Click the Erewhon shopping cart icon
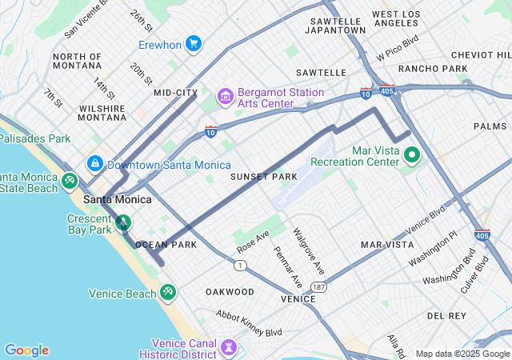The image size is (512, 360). [x=193, y=43]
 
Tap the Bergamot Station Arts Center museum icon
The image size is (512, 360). [x=225, y=98]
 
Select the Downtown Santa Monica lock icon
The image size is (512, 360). [x=95, y=163]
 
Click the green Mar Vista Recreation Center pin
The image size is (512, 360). [x=413, y=155]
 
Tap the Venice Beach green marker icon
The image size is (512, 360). [x=167, y=293]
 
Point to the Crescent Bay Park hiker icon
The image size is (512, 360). [x=123, y=222]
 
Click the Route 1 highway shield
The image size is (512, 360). [x=240, y=265]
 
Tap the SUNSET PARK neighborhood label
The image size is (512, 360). [x=264, y=176]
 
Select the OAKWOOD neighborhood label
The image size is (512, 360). [x=230, y=291]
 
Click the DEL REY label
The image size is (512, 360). [x=446, y=316]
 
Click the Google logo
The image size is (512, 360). [x=26, y=350]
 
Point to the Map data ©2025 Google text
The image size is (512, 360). [x=462, y=354]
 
